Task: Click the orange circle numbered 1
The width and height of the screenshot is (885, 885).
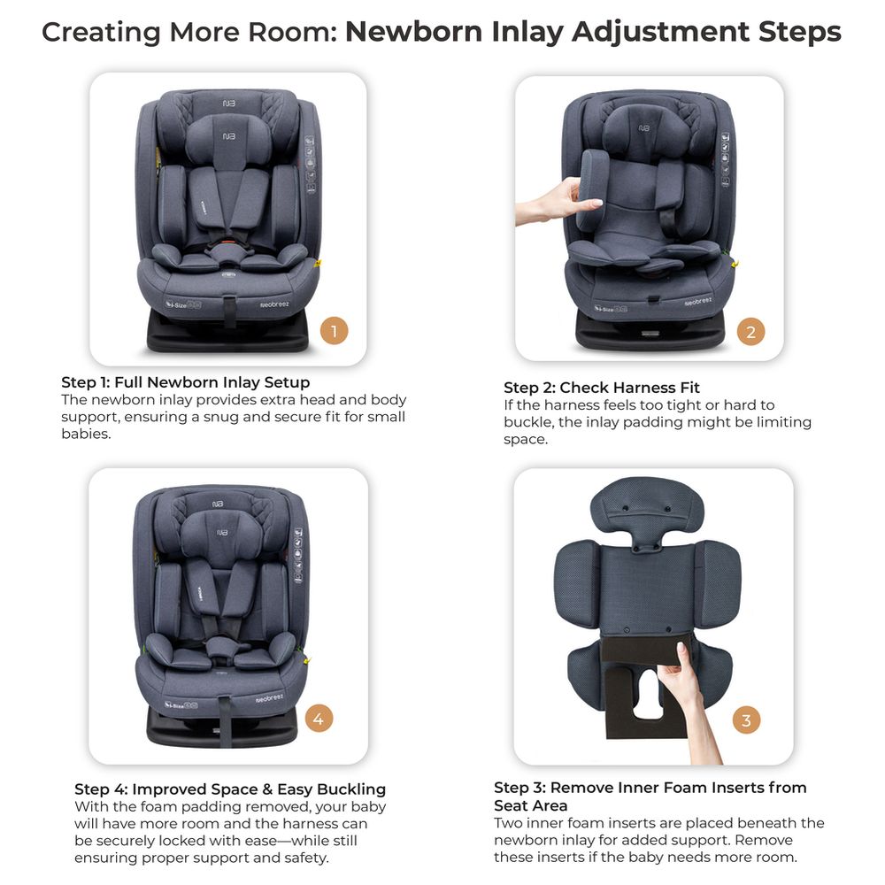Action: click(334, 331)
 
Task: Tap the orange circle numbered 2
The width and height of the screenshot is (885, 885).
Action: click(750, 331)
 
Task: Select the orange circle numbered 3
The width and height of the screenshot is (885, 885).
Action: click(746, 720)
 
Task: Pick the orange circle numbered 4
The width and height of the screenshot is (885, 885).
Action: click(319, 719)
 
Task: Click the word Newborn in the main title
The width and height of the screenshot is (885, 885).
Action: click(413, 32)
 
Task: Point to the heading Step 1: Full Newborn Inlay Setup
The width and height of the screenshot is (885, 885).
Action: click(185, 382)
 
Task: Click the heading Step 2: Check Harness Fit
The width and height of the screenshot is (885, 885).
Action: click(601, 388)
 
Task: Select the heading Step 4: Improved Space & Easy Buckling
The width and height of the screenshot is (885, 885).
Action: click(230, 789)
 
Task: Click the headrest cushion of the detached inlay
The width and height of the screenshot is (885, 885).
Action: click(647, 511)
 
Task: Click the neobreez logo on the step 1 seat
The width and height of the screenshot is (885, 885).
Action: click(274, 304)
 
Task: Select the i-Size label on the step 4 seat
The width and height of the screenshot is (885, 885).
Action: click(181, 704)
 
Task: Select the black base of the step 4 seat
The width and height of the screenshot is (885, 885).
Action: click(222, 728)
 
